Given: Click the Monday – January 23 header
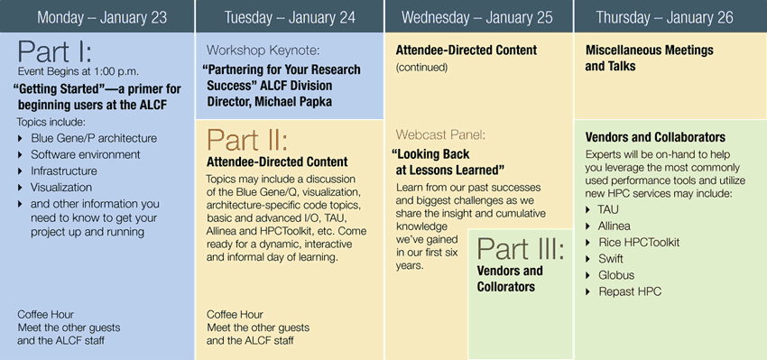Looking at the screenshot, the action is tap(102, 18).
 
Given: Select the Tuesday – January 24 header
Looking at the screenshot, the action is tap(290, 18).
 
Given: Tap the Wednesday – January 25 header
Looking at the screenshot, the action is tap(477, 18).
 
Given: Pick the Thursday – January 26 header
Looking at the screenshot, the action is tap(665, 18).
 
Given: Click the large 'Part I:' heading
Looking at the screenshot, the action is tap(55, 51).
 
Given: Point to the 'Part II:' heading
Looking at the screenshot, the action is tap(247, 140).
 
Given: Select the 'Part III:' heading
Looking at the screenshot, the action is tap(521, 248).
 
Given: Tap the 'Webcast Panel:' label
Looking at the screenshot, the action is tap(440, 134).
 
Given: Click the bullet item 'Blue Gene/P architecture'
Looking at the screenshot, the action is tap(94, 138).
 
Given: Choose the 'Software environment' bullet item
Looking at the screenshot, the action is tap(86, 154).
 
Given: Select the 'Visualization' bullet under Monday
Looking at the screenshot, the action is tap(61, 188).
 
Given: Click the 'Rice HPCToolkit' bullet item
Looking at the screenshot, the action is tap(639, 242).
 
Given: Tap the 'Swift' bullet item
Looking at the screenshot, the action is tap(611, 259).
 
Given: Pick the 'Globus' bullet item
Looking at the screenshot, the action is tap(616, 275).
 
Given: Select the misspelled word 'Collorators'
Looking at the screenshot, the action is tap(506, 287).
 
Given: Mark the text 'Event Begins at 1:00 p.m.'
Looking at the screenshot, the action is tap(79, 71).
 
